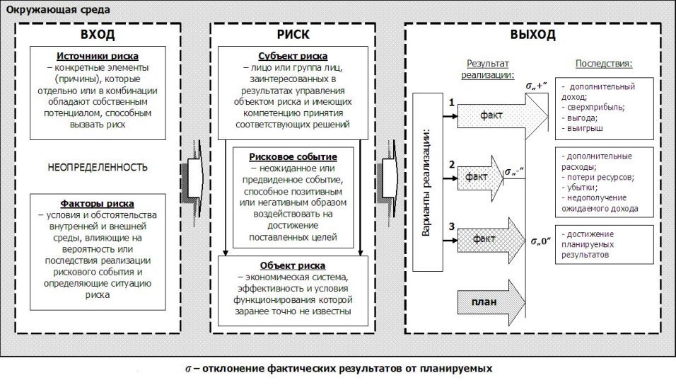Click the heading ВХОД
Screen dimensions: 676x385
[98, 35]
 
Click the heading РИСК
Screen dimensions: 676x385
[293, 35]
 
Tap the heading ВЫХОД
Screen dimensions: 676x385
[533, 35]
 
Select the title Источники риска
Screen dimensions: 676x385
[98, 56]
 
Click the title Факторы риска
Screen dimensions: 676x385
[97, 203]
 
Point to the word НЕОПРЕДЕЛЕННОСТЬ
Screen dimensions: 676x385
[98, 168]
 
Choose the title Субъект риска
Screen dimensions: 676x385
[293, 56]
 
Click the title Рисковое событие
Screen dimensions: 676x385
[293, 156]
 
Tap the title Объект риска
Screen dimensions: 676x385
[293, 265]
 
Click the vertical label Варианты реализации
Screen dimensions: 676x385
[426, 182]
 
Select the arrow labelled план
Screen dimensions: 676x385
[491, 302]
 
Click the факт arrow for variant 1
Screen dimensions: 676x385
[502, 115]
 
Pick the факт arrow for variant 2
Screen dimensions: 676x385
[480, 178]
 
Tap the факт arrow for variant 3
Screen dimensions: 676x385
[491, 240]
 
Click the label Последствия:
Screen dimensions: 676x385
[604, 64]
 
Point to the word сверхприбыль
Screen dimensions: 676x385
[595, 107]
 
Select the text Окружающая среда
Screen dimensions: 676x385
[58, 9]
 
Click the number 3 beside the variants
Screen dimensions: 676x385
[451, 226]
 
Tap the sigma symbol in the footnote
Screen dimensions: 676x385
[188, 369]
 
